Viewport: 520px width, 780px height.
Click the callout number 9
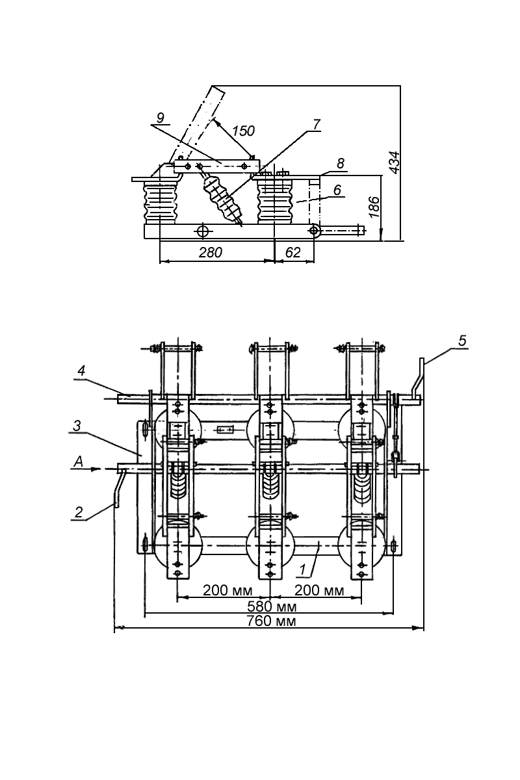pos(160,118)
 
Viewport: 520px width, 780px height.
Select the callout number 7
pos(317,124)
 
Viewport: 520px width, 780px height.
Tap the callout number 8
pos(341,163)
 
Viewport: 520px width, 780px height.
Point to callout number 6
pos(337,190)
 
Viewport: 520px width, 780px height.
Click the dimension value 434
pos(393,162)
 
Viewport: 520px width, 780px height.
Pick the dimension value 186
pos(374,207)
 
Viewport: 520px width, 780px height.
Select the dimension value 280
pos(211,252)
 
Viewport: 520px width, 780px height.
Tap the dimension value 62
pos(292,252)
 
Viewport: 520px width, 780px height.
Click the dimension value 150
pos(244,131)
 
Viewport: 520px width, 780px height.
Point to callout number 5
pos(462,341)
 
